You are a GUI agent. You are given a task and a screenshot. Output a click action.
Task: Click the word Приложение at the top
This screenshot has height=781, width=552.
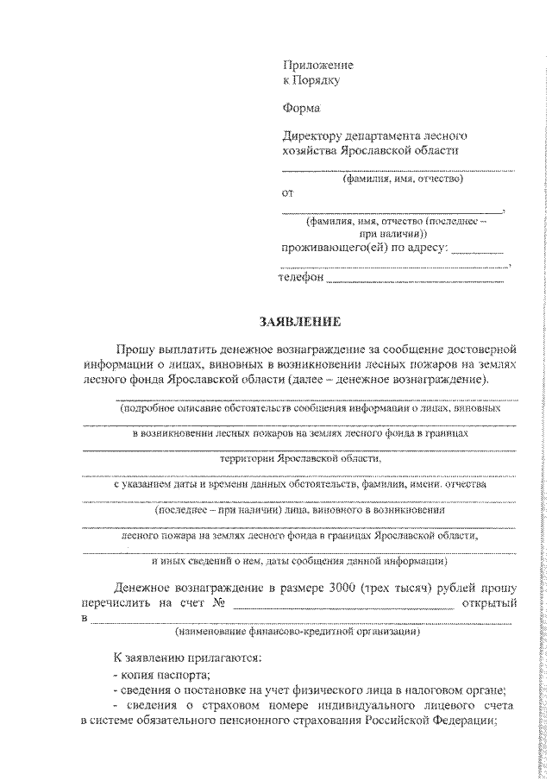(x=318, y=66)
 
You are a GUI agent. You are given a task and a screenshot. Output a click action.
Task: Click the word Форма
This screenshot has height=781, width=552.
(x=301, y=109)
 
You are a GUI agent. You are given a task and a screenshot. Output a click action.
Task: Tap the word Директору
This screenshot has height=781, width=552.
(x=312, y=135)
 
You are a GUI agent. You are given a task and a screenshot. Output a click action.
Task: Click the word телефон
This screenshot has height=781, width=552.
(x=300, y=278)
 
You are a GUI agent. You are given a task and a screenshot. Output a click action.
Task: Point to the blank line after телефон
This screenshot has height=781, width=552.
(x=416, y=280)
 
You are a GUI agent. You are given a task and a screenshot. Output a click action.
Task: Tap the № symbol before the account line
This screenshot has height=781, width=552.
(x=218, y=601)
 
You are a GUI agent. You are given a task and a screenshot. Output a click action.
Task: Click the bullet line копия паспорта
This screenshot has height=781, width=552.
(x=161, y=674)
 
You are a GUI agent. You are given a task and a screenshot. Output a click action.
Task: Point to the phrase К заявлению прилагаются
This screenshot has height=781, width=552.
(x=182, y=658)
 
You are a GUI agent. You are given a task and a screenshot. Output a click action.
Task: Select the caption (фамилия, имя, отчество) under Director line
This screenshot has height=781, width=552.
(x=402, y=180)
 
